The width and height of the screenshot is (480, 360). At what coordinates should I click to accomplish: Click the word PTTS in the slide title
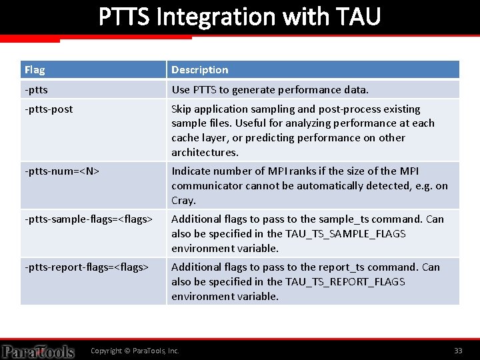coord(125,16)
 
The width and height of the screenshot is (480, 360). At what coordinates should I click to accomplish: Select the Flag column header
coord(35,70)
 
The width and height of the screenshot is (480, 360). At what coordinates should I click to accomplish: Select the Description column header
coord(199,70)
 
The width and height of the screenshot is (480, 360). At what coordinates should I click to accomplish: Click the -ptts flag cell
coord(36,89)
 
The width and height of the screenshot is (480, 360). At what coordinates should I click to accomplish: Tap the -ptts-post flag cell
coord(49,109)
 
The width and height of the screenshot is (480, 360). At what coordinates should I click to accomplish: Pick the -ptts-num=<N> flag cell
coord(62,171)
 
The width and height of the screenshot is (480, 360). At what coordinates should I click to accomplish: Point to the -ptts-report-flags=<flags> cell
coord(87,267)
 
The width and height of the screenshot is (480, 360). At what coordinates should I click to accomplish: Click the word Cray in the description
coord(183,201)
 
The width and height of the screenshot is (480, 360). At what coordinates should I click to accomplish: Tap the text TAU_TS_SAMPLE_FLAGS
coord(345,234)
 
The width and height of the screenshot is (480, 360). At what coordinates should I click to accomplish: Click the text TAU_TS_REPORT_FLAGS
coord(345,282)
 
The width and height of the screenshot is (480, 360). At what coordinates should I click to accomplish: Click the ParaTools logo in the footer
coord(38,351)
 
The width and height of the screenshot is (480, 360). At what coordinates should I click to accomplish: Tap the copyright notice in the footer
coord(135,351)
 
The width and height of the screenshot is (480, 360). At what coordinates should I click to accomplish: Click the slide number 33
coord(458,351)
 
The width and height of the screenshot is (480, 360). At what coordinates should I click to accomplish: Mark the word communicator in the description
coord(203,186)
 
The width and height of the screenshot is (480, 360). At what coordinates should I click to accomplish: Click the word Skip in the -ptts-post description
coord(182,109)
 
